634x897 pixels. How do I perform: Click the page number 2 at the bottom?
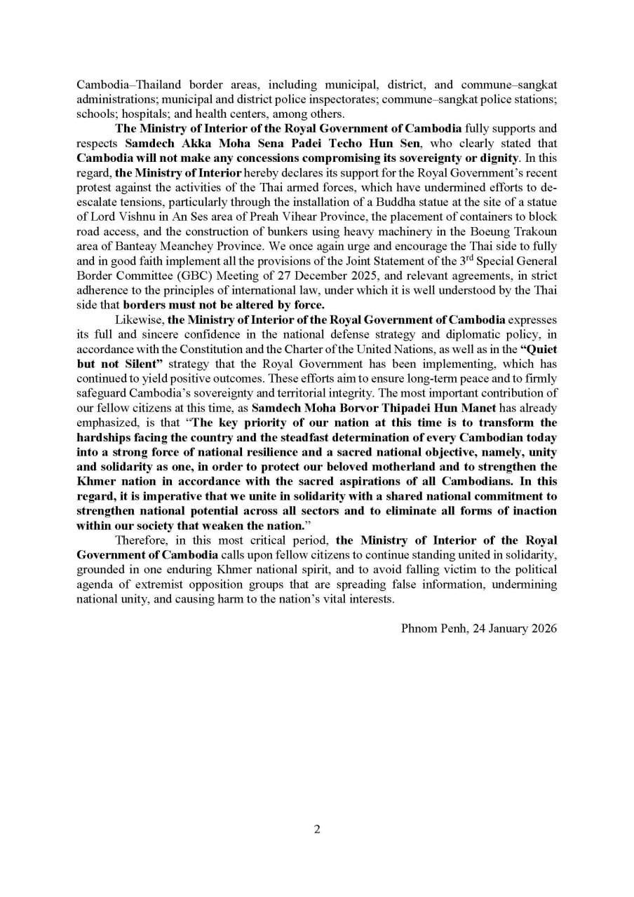pyautogui.click(x=317, y=830)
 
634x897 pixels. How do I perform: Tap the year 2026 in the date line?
pyautogui.click(x=543, y=629)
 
